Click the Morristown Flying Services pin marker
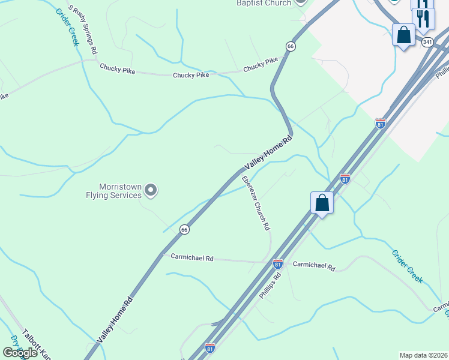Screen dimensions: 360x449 tap(151, 191)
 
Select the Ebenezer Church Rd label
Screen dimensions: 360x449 tap(256, 204)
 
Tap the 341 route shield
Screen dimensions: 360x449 tap(427, 43)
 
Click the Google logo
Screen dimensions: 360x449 tap(20, 353)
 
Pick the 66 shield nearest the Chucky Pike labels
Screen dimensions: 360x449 tap(291, 46)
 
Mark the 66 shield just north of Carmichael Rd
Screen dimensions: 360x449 tap(184, 229)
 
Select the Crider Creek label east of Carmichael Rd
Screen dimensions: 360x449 tap(408, 266)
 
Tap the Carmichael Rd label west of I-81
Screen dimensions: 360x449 tap(192, 257)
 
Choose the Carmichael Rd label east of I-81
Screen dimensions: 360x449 tap(314, 265)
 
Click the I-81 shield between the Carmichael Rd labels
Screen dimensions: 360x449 tap(277, 263)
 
